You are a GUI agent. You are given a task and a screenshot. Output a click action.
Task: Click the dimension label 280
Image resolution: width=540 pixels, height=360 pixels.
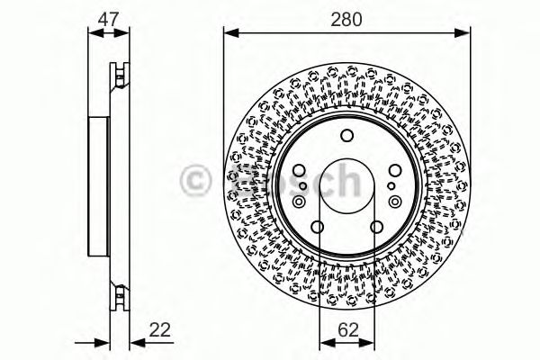[x=346, y=17]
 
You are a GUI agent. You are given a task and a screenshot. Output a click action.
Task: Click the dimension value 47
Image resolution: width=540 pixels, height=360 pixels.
[x=107, y=17]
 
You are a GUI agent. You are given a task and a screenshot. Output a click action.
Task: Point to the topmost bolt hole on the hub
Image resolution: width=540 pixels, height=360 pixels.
[x=346, y=137]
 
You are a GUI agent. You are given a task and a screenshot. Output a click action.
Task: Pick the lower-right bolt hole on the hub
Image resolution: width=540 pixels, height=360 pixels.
[x=373, y=227]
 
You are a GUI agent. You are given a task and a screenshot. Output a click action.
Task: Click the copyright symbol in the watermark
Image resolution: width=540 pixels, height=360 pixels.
[x=196, y=180]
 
